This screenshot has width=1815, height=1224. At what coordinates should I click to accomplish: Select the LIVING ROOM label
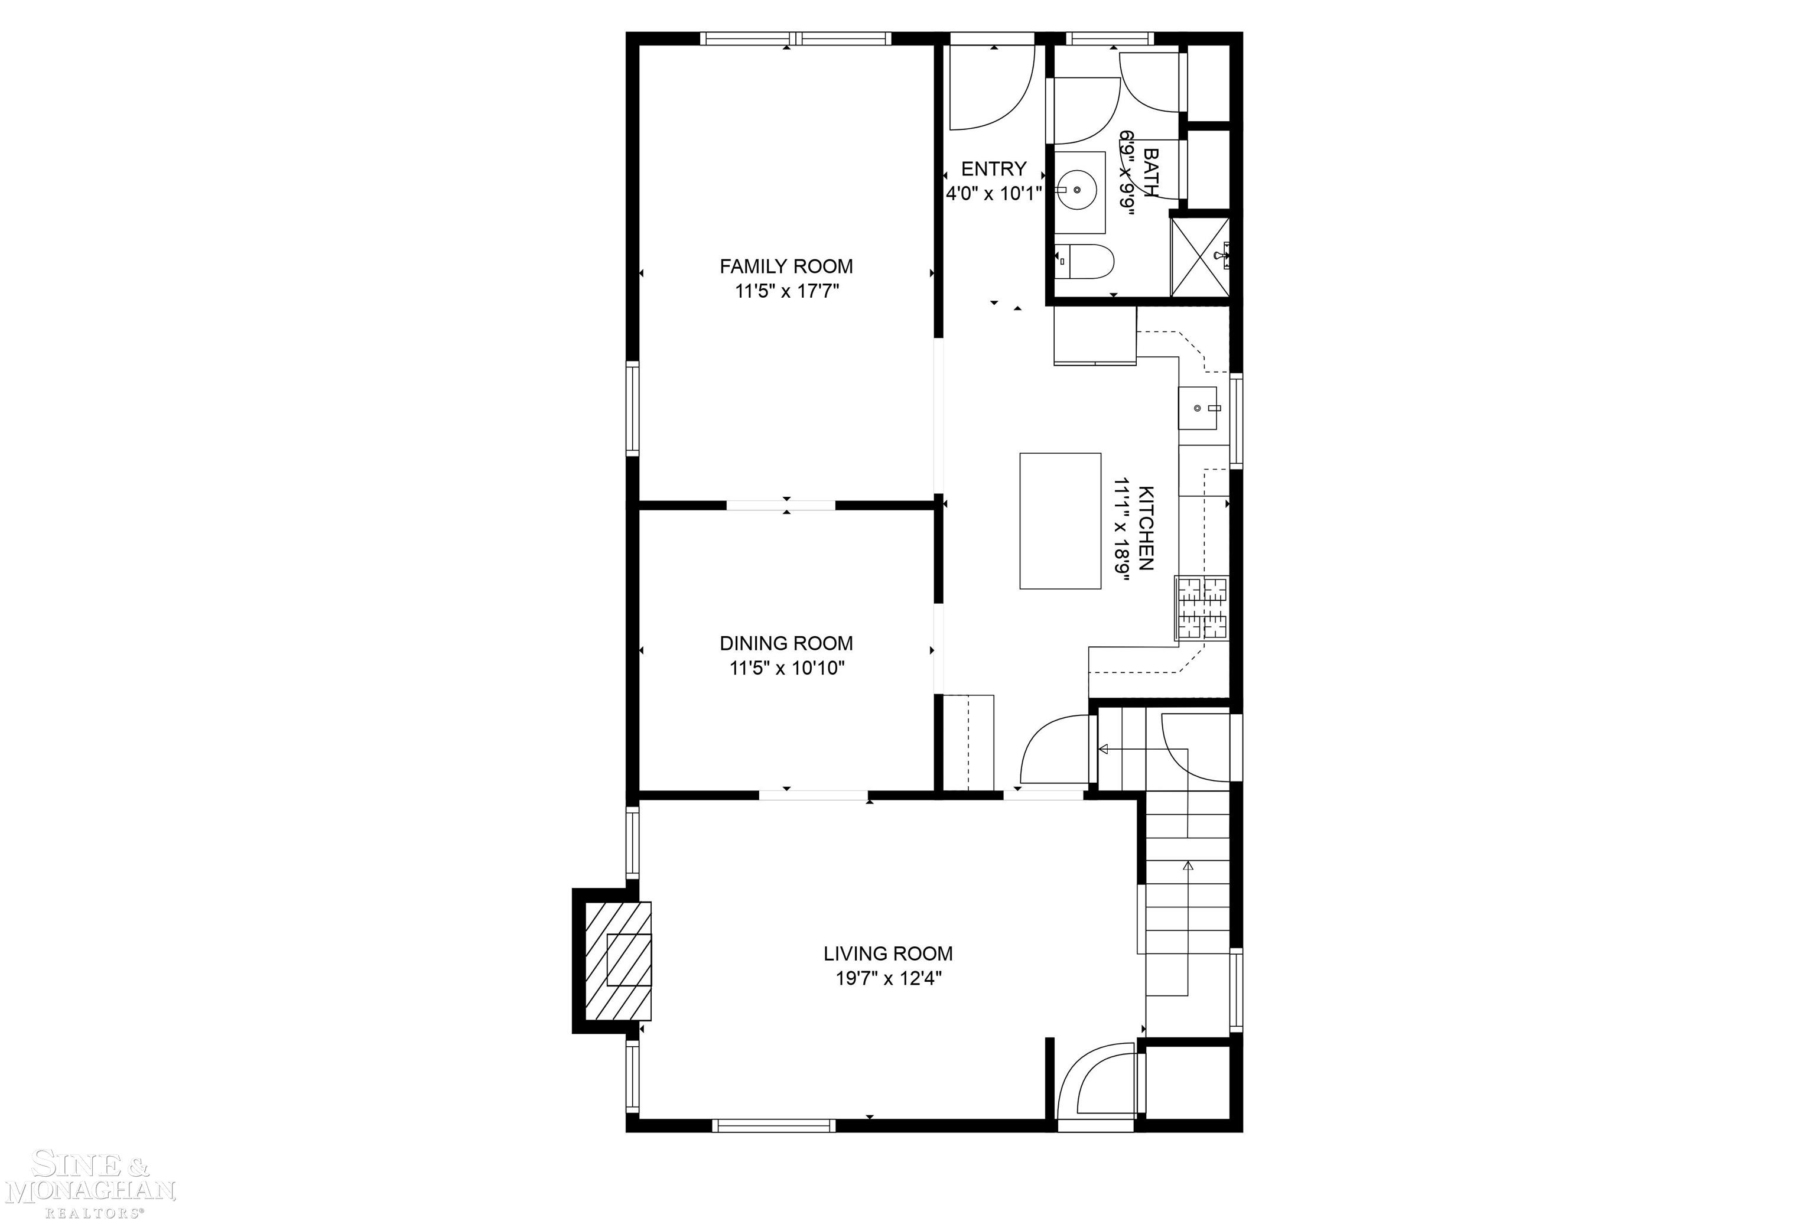(x=887, y=953)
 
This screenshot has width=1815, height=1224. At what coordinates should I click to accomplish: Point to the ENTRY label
(x=993, y=168)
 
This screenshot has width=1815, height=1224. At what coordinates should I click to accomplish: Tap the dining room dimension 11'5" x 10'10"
(x=787, y=668)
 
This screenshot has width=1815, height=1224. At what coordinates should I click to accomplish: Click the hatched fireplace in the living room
(x=617, y=961)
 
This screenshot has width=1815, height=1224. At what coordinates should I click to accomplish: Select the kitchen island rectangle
(x=1059, y=520)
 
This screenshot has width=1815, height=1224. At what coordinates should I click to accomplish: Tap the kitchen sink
(x=1198, y=408)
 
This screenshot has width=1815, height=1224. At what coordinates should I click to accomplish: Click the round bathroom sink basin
(x=1076, y=189)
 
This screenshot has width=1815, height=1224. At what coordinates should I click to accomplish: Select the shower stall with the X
(x=1200, y=258)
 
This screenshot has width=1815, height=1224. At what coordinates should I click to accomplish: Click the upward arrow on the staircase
(x=1188, y=865)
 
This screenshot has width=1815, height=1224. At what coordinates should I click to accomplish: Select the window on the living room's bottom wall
(x=773, y=1125)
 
